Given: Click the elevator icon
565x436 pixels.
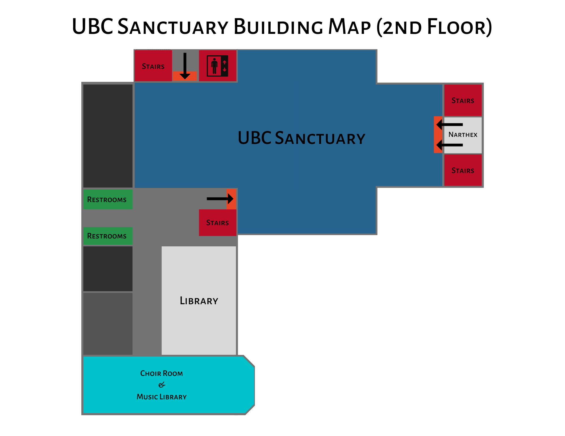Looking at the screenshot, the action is coord(217,66).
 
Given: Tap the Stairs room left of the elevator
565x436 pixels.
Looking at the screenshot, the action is coord(153,66).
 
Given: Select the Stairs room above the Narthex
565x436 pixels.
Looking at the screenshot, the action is coord(463,100).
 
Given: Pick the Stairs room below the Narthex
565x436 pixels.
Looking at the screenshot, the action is coord(463,170).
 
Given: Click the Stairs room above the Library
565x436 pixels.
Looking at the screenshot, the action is coord(217,222).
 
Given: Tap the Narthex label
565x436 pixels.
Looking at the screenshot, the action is coord(463,135).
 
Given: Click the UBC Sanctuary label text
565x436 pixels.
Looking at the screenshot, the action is coord(301,138).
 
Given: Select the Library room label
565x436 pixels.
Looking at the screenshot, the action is coord(199,301).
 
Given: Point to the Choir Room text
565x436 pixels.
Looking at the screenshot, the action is coord(161,373).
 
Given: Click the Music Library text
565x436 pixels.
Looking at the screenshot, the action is coord(161,397).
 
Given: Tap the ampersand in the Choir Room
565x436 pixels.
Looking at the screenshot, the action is coord(162,385).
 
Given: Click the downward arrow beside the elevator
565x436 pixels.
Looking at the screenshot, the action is coord(185,66).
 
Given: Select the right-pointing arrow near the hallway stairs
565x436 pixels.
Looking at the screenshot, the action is coord(220,199).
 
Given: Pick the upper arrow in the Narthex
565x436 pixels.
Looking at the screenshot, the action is coord(450,124).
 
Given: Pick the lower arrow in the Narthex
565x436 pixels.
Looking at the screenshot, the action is coord(450,145).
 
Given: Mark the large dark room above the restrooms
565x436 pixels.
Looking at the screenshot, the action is coord(108,136).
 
